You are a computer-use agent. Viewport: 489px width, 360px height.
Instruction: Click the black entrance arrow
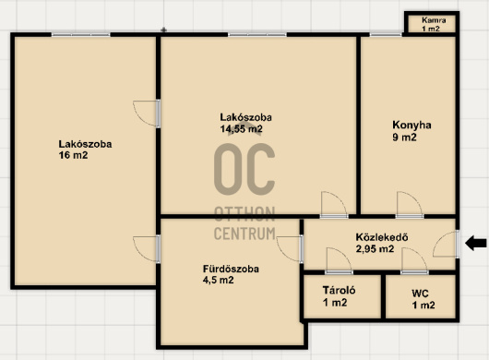[475, 243]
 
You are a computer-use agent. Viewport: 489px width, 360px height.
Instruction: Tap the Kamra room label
[434, 20]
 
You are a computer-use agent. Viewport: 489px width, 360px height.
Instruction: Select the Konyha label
[411, 125]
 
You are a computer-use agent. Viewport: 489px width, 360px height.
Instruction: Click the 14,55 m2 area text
[242, 129]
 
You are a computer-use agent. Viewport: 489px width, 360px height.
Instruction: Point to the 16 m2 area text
[73, 155]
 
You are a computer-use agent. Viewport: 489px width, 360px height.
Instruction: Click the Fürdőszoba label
[231, 269]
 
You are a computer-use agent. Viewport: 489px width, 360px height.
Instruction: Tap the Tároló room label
[339, 291]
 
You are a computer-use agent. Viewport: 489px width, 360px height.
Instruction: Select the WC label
[420, 294]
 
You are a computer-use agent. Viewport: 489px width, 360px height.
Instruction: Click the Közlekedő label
[382, 237]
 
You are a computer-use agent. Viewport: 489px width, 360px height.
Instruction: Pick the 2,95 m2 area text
[375, 249]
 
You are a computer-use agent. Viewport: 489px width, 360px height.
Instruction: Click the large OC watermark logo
[244, 169]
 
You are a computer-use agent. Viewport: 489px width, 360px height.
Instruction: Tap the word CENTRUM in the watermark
[244, 234]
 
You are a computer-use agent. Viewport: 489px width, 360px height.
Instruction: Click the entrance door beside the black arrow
[446, 245]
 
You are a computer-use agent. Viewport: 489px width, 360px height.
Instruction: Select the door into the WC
[414, 261]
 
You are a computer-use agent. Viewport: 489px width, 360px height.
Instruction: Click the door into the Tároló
[339, 261]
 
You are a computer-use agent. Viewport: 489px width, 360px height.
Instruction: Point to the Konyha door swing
[410, 205]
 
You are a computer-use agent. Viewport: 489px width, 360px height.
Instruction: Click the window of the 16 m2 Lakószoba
[81, 35]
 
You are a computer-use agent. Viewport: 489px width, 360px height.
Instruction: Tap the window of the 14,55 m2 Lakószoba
[257, 35]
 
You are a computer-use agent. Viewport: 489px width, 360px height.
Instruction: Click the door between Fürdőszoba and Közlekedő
[290, 249]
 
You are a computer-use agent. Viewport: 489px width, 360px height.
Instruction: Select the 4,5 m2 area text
[218, 280]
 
